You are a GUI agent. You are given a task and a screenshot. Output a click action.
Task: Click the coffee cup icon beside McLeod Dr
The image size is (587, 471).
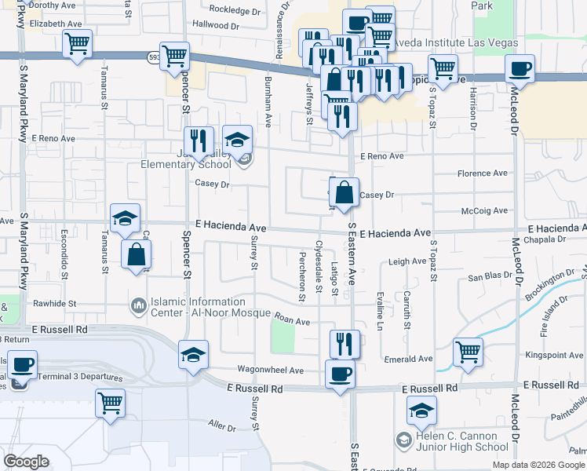click(x=520, y=70)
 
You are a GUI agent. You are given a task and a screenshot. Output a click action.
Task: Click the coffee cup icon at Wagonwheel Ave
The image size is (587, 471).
click(x=340, y=374)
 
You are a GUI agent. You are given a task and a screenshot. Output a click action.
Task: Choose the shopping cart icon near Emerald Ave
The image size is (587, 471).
click(x=469, y=352)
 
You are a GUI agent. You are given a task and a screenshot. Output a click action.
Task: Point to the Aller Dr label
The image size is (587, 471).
click(x=222, y=426)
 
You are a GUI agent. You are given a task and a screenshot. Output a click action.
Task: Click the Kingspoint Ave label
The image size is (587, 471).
click(x=556, y=356)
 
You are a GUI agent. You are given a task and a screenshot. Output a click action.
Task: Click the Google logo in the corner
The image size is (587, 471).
click(x=27, y=462)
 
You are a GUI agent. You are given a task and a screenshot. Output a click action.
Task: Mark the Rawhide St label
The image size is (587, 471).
click(x=54, y=303)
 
